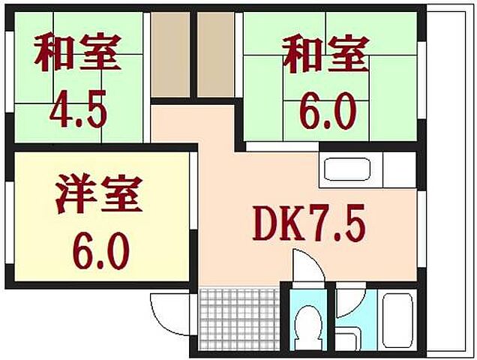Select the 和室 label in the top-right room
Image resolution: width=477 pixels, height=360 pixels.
tap(325, 55)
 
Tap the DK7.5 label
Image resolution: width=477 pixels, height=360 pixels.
tap(308, 223)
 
